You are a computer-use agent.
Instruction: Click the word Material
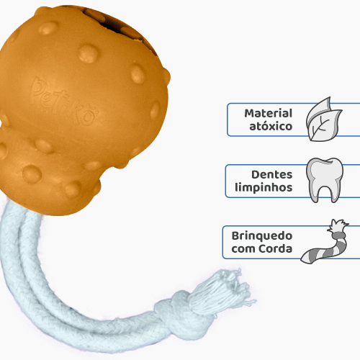pyautogui.click(x=268, y=113)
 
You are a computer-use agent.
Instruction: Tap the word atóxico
pyautogui.click(x=271, y=126)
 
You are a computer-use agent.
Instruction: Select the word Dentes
pyautogui.click(x=272, y=174)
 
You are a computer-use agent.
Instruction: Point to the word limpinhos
pyautogui.click(x=264, y=187)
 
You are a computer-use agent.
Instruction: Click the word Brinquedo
pyautogui.click(x=262, y=236)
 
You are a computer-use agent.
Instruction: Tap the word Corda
pyautogui.click(x=276, y=248)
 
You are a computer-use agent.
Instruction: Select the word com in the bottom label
pyautogui.click(x=243, y=249)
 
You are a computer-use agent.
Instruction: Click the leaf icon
pyautogui.click(x=324, y=120)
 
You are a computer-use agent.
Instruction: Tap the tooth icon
pyautogui.click(x=325, y=180)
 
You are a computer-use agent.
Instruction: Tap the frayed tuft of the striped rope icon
pyautogui.click(x=338, y=226)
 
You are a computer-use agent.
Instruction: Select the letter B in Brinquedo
pyautogui.click(x=235, y=236)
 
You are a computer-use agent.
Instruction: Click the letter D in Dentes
pyautogui.click(x=255, y=174)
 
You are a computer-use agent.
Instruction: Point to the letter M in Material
pyautogui.click(x=249, y=113)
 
